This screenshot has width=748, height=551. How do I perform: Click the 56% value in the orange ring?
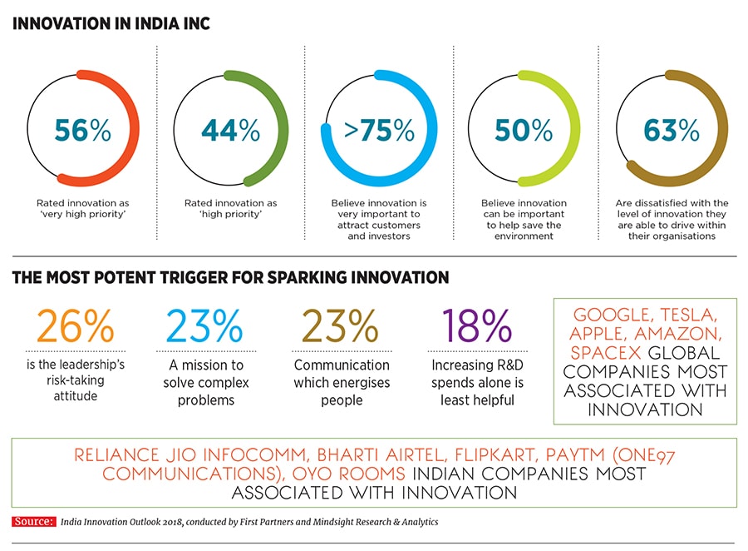pos(82,131)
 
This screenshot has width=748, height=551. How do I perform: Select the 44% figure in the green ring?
pos(230,131)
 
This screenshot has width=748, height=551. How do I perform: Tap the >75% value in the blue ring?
pos(379,131)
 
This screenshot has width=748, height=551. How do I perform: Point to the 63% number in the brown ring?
pos(672,131)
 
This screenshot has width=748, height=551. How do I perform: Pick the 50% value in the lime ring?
pos(524,131)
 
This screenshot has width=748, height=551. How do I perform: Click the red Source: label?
pos(32,522)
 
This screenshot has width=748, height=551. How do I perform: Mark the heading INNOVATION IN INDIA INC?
pos(111,23)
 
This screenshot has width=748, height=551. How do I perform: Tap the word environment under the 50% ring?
pos(524,236)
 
